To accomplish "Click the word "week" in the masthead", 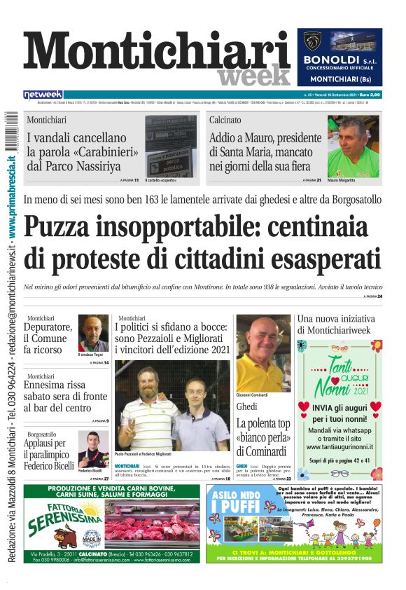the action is tap(253, 74).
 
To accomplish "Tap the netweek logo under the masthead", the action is tap(43, 94).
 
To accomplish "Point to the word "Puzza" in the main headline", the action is tap(70, 228).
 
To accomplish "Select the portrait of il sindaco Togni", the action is tap(93, 333).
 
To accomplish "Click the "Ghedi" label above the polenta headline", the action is tap(246, 407).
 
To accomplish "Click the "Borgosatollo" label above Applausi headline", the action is tap(43, 434).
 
